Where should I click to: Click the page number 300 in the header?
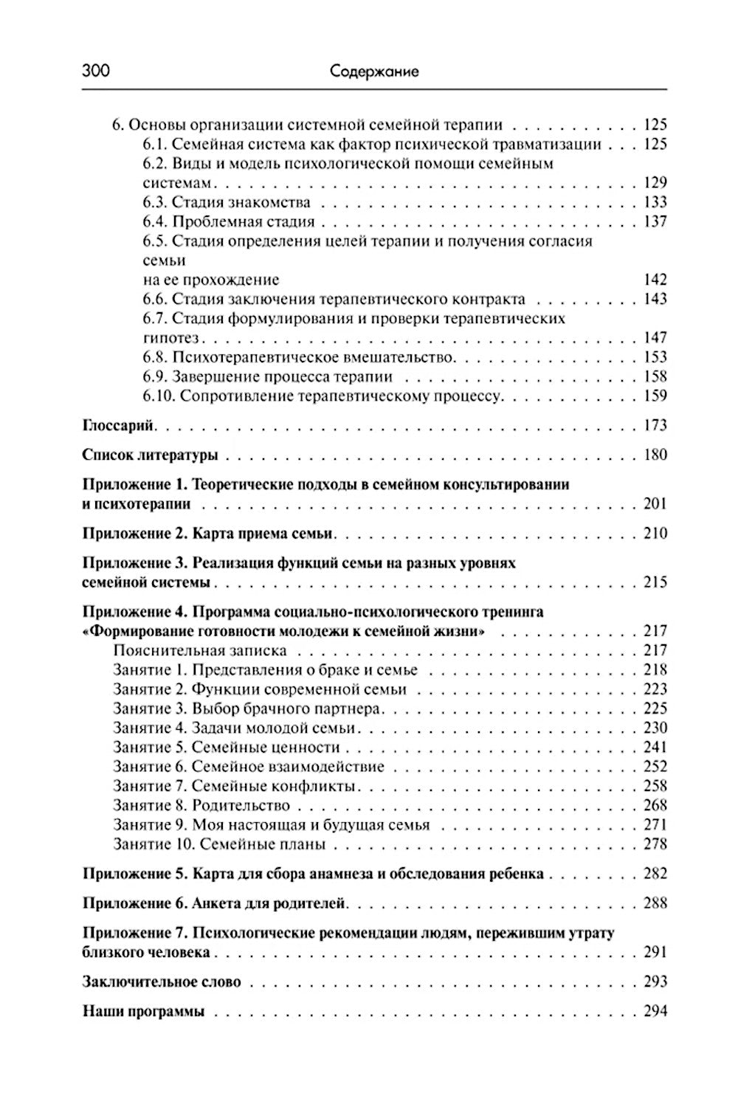point(95,71)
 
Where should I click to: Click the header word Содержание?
point(374,72)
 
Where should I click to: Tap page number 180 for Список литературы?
point(655,455)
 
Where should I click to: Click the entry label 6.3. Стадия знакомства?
point(227,202)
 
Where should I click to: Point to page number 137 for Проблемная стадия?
point(655,221)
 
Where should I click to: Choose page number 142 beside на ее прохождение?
point(655,280)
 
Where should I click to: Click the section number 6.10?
point(158,396)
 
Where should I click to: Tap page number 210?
point(655,534)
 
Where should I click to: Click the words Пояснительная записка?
point(200,650)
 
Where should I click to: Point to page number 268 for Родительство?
point(655,805)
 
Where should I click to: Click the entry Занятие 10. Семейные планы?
point(219,844)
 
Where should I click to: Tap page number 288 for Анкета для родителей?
point(655,903)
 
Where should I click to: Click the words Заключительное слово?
point(162,982)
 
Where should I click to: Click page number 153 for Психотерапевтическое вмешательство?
point(655,357)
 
